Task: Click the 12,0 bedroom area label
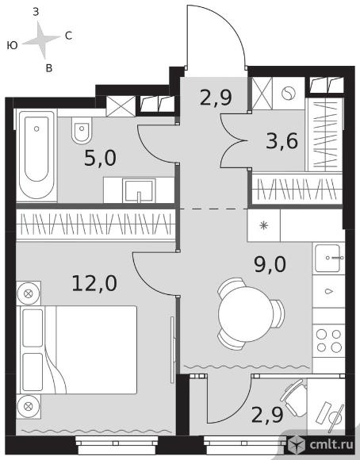94,283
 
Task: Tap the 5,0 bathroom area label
100,158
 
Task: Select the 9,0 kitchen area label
270,264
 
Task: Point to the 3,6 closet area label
282,141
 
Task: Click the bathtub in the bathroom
36,155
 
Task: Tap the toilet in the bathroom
82,131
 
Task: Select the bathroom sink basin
140,190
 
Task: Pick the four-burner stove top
329,341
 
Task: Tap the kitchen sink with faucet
328,259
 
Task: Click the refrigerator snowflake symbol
264,225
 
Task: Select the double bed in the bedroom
79,350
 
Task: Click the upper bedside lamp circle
29,293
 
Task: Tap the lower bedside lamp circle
29,407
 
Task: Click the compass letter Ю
13,45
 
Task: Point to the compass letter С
68,36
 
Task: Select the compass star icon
42,40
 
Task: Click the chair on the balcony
293,398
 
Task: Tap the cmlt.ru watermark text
331,445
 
